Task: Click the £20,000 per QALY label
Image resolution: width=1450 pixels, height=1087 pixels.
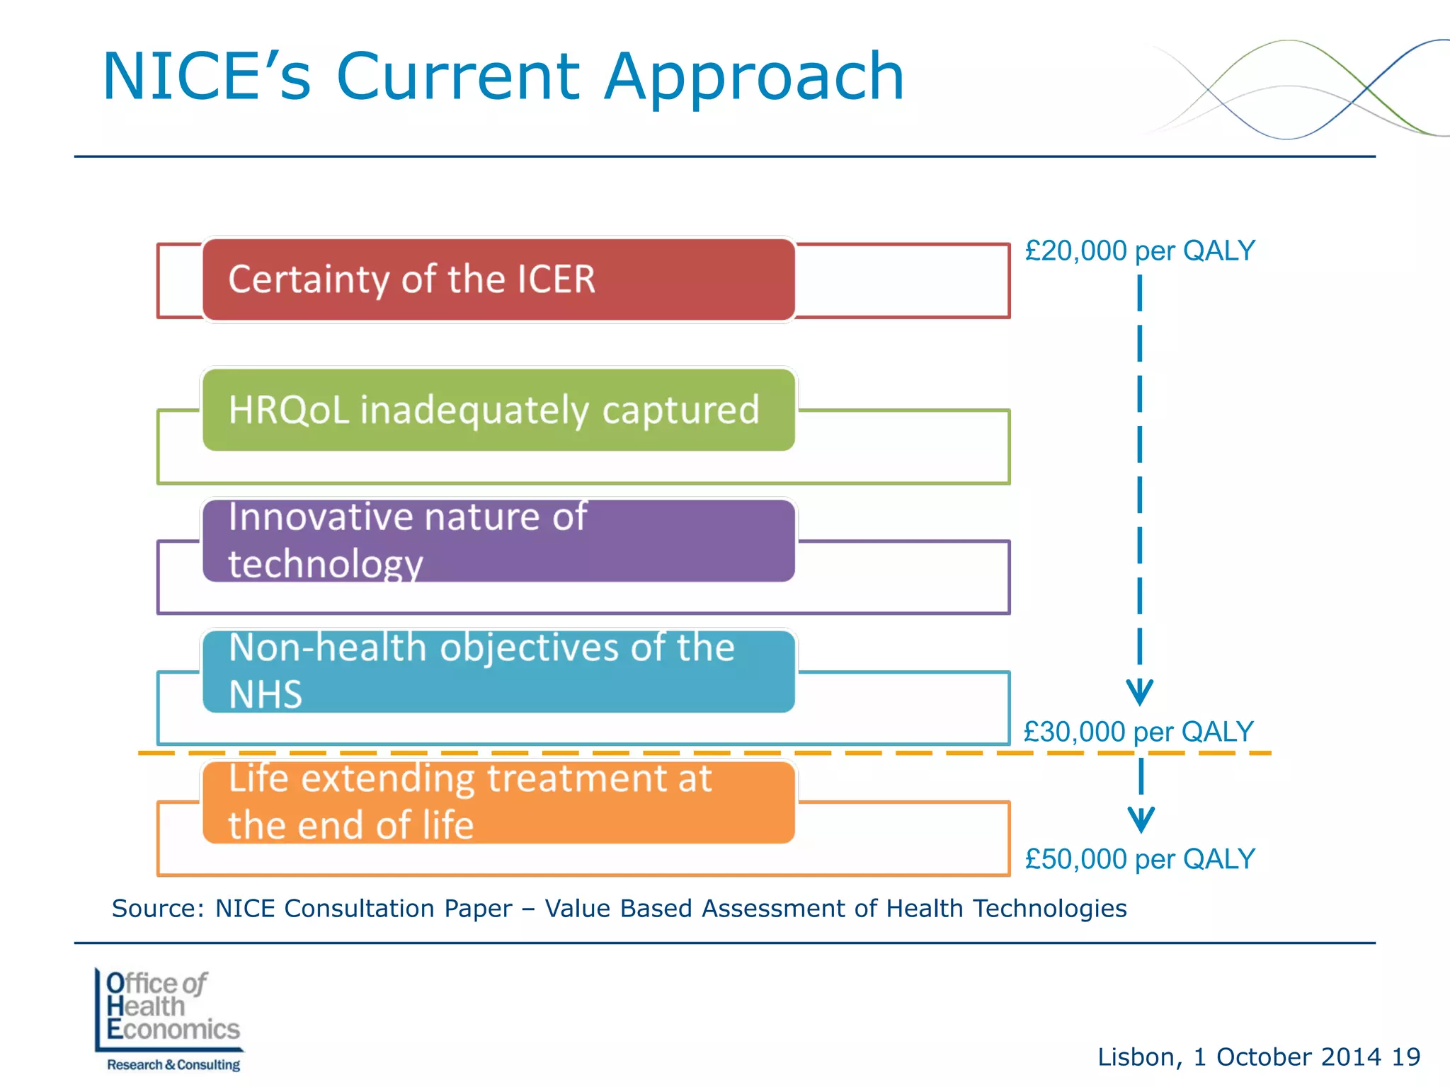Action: point(1139,251)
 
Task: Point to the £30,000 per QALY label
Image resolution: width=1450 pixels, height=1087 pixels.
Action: point(1138,731)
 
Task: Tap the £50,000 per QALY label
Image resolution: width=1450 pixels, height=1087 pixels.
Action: point(1139,858)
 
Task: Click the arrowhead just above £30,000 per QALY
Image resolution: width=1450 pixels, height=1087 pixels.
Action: point(1139,691)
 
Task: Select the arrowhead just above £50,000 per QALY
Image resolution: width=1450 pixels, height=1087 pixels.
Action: point(1141,819)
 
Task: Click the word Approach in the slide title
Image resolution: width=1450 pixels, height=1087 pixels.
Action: point(754,78)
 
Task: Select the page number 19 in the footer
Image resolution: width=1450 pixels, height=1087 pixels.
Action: point(1405,1057)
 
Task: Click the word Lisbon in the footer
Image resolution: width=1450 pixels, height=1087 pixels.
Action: point(1136,1057)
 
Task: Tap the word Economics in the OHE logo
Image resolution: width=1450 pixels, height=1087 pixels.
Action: point(173,1029)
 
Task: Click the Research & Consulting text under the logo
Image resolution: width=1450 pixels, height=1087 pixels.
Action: point(173,1064)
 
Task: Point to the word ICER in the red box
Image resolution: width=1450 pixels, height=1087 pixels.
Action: point(556,279)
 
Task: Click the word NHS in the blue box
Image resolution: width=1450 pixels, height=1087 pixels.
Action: point(266,694)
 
